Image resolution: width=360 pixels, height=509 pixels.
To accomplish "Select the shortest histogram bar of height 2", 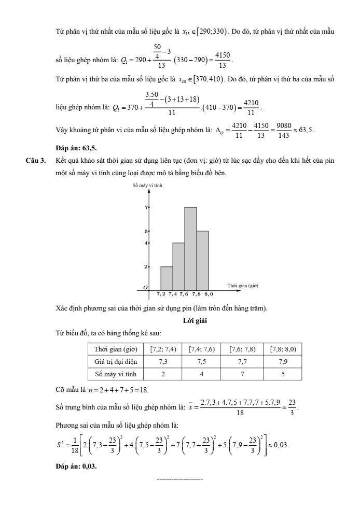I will [167, 278].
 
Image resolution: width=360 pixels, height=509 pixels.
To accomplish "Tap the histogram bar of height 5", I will [202, 260].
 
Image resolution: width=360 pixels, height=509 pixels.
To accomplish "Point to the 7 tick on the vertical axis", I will [147, 207].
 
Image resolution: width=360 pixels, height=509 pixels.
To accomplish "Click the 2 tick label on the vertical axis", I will [147, 267].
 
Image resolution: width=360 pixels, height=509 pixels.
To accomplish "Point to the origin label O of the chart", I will [146, 287].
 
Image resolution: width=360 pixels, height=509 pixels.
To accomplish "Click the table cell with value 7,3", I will [164, 361].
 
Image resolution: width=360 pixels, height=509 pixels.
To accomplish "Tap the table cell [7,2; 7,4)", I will [164, 349].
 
